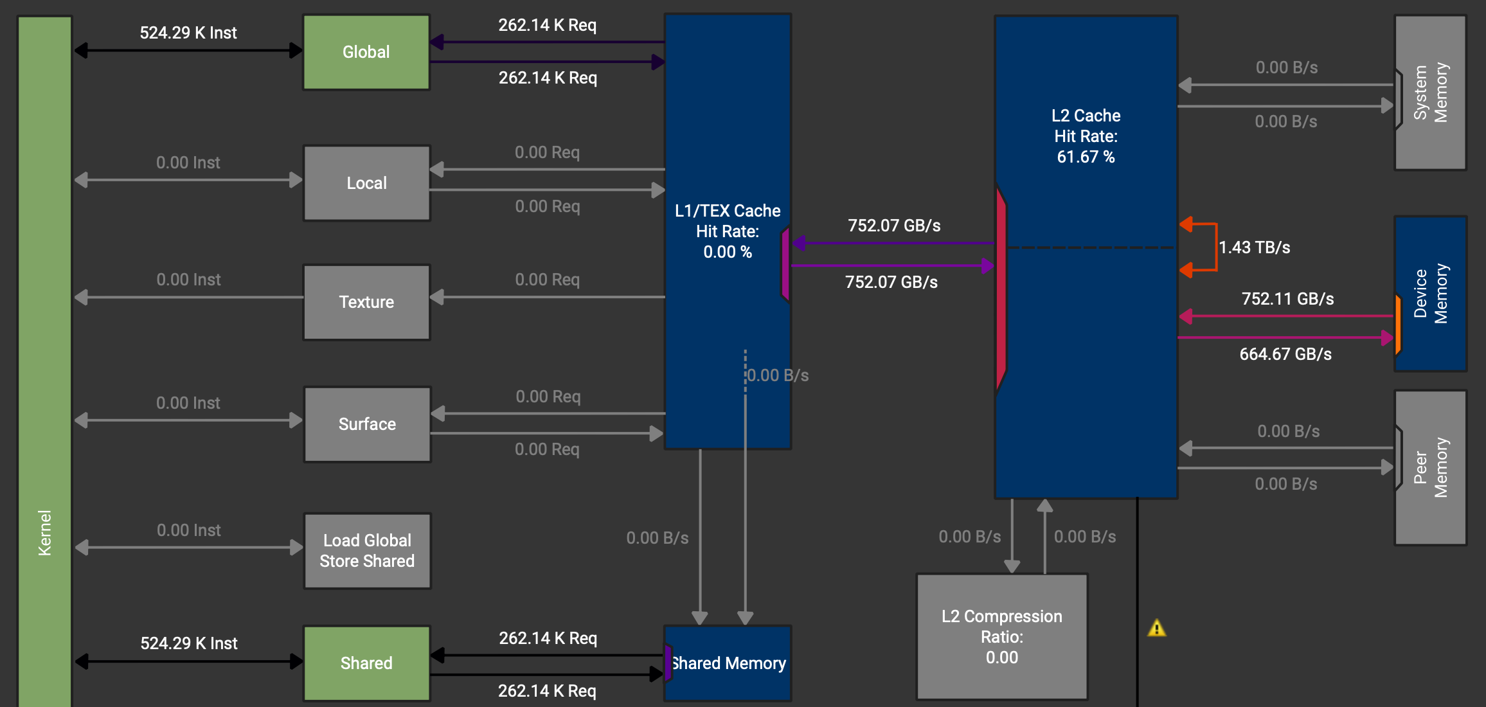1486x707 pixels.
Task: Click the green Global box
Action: pos(366,52)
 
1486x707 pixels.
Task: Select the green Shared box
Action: pos(366,663)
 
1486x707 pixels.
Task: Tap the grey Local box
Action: pos(366,183)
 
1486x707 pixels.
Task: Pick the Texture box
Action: pos(366,301)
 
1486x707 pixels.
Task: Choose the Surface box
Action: pos(367,424)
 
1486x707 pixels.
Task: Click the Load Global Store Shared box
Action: pos(367,551)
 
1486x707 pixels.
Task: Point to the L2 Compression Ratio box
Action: pos(1001,636)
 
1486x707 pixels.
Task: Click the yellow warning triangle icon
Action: pos(1156,629)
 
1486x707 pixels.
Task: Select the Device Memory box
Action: pos(1430,294)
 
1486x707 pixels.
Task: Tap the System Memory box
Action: pos(1430,93)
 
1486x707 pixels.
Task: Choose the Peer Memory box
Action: pos(1430,467)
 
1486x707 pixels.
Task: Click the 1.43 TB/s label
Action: pos(1254,247)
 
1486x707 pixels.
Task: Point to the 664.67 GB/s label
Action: pos(1285,354)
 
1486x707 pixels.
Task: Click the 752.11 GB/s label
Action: pos(1287,299)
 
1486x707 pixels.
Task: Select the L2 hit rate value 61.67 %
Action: pos(1086,157)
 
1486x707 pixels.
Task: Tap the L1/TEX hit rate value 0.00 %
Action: pos(727,252)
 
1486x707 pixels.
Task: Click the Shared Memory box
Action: pos(728,663)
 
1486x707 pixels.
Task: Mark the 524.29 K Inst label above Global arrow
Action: pos(188,33)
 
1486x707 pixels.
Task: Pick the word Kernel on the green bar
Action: pos(44,532)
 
